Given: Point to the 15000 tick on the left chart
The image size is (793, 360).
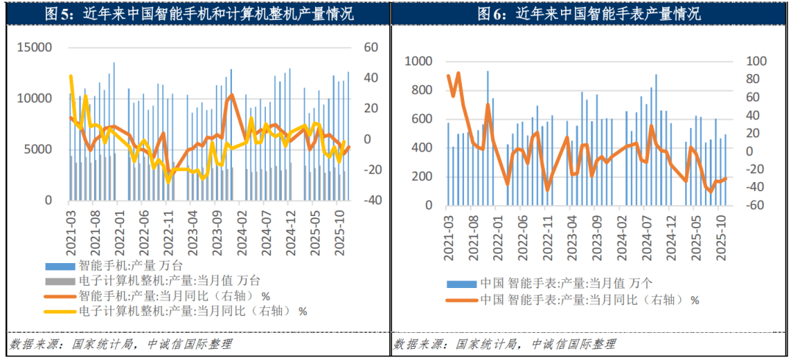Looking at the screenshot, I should [35, 48].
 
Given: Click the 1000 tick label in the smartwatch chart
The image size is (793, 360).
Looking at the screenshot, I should [420, 62].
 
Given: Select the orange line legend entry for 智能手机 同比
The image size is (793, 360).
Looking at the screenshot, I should [169, 296].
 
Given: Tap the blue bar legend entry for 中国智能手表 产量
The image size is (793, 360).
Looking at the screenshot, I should [565, 283].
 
